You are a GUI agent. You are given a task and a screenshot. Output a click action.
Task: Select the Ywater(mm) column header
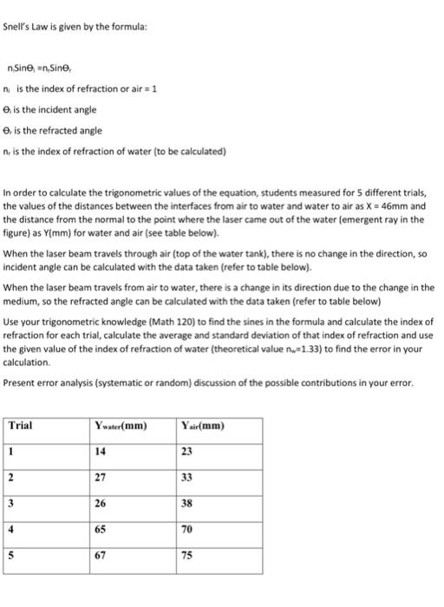(x=121, y=426)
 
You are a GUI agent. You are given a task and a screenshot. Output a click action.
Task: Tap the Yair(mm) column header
(x=205, y=426)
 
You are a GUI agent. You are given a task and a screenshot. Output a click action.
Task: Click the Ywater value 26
(x=101, y=502)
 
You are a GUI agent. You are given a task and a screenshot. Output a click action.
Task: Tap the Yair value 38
(x=187, y=502)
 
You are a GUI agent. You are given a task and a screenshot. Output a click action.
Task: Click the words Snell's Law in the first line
(x=26, y=27)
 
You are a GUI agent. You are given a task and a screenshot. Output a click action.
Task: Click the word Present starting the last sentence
(x=20, y=382)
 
